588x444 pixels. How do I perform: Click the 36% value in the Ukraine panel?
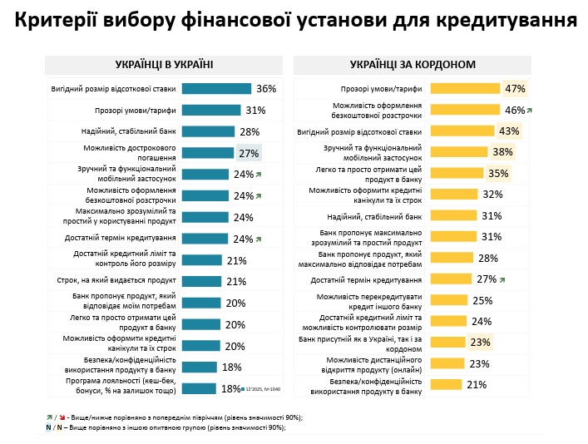pos(266,89)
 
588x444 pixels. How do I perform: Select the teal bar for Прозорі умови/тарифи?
pos(210,111)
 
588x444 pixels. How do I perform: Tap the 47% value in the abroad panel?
pos(516,89)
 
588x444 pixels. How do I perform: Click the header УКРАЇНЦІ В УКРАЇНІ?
pos(164,64)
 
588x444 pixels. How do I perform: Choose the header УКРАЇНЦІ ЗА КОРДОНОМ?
pos(413,64)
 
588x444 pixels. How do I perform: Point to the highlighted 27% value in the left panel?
pos(249,153)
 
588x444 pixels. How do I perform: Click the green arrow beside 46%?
pos(530,111)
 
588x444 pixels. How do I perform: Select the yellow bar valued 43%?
pos(467,131)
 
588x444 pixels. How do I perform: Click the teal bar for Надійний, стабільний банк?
pos(208,131)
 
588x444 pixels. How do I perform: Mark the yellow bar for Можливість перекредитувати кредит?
pos(452,300)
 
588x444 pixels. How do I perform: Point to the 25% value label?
pos(482,300)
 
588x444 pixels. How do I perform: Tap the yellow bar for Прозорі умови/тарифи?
pos(468,89)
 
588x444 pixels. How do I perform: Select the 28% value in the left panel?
pos(249,131)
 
